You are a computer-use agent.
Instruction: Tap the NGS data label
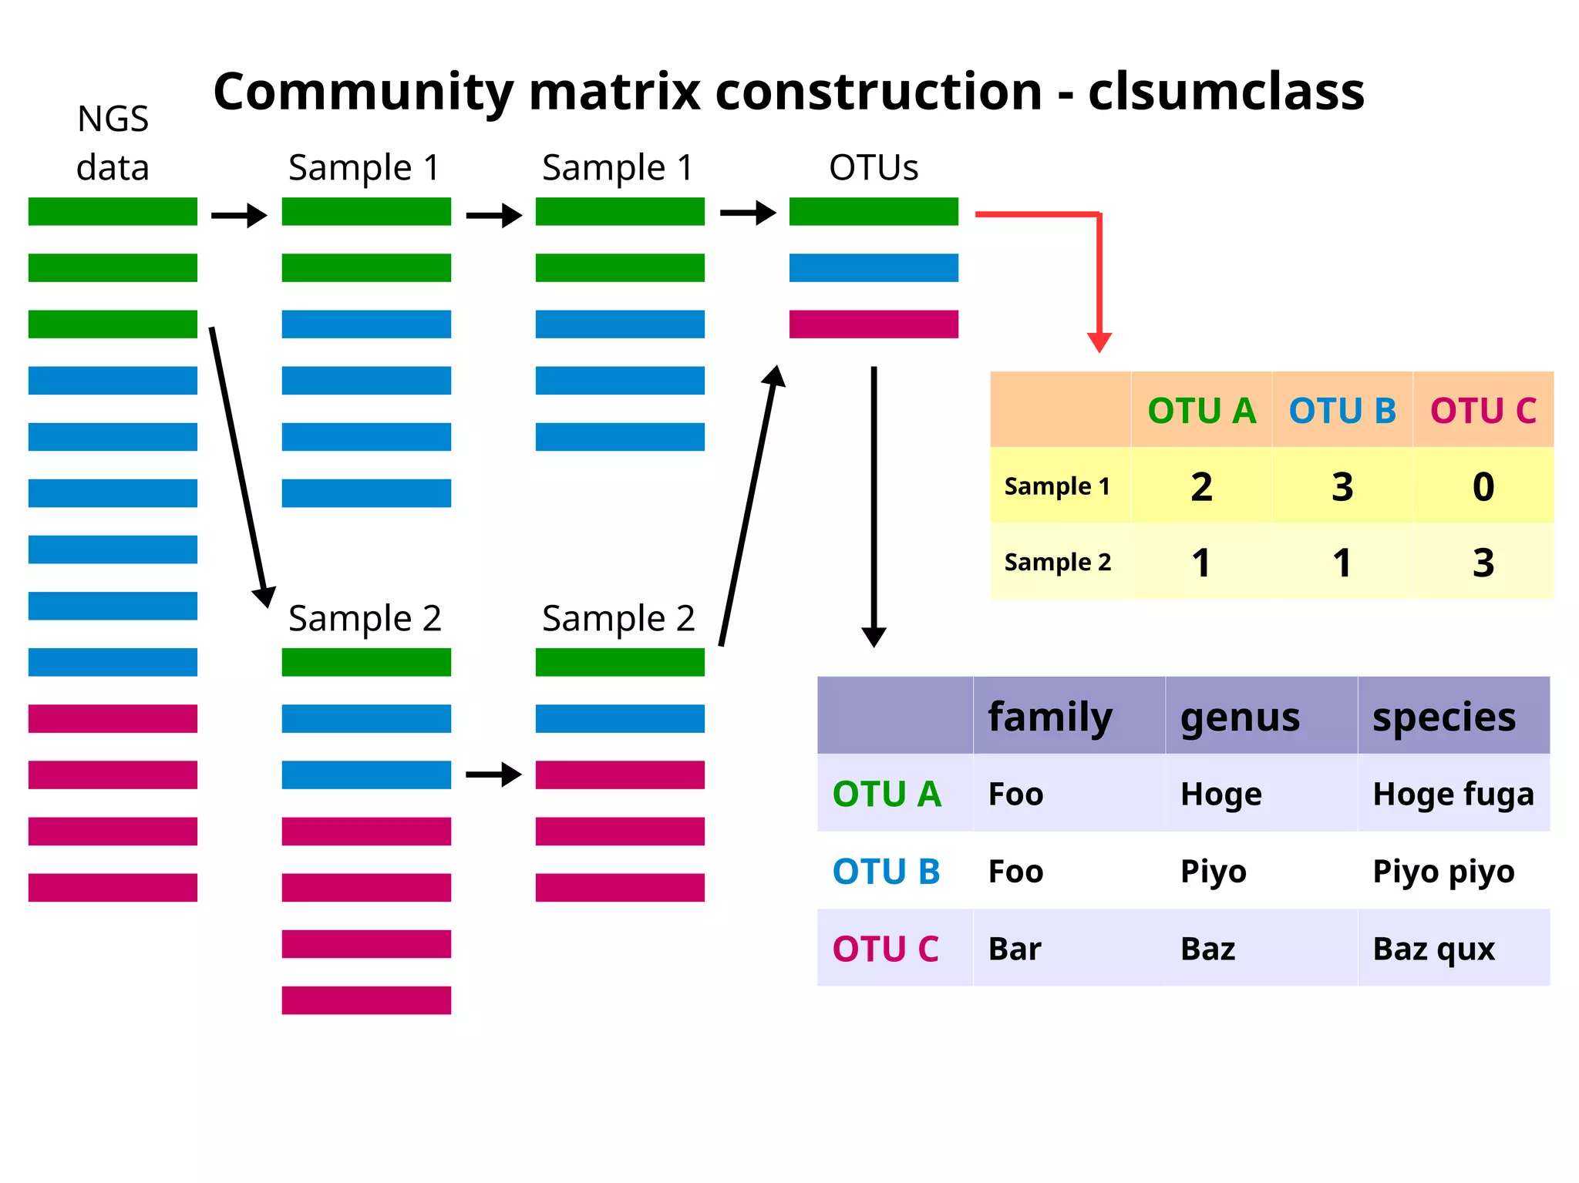113,143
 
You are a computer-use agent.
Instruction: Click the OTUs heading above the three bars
874,167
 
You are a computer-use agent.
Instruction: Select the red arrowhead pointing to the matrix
1099,342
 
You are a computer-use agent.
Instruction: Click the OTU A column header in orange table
1201,411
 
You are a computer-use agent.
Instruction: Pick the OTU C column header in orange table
1483,411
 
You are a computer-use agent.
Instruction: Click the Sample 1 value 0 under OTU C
1483,486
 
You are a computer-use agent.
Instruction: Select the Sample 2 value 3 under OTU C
1483,563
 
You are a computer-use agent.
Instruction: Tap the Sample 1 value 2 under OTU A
1201,486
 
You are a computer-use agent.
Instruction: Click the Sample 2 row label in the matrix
1057,563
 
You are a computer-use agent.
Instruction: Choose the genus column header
1240,717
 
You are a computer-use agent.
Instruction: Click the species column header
1443,717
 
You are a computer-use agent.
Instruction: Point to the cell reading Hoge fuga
1453,794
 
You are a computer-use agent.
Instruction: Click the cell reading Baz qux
1433,949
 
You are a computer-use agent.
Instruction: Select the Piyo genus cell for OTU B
1213,872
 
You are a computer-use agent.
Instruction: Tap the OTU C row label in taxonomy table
885,949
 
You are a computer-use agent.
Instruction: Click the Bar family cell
1015,949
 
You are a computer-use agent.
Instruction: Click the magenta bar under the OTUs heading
874,324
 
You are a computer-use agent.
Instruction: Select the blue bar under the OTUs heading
874,267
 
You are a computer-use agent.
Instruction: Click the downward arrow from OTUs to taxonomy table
874,501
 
